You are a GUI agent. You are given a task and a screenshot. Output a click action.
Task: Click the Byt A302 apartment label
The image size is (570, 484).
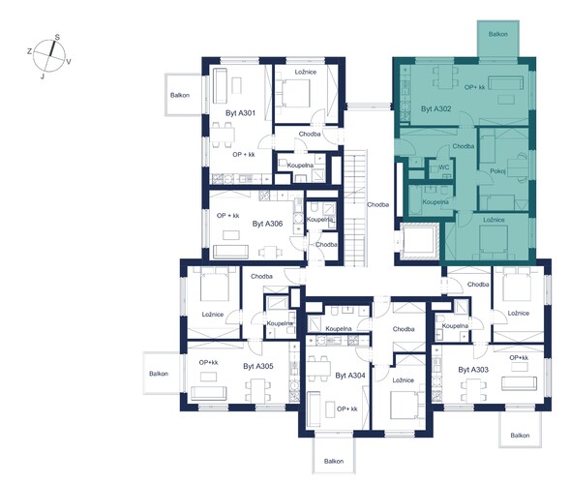click(x=435, y=108)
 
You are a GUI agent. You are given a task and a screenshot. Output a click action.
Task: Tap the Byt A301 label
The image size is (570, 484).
click(x=240, y=113)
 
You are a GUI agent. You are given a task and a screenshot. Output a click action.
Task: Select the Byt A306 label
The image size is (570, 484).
click(x=267, y=224)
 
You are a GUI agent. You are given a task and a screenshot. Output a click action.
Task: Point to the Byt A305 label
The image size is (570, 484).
click(x=258, y=366)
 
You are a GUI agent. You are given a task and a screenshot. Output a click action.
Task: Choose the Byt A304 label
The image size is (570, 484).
click(x=350, y=376)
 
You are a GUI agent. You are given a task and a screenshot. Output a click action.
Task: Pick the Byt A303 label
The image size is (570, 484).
click(x=473, y=370)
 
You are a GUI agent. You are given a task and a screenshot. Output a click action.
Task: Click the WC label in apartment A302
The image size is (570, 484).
click(x=444, y=167)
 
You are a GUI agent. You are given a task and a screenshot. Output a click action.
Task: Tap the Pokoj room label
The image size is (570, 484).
click(x=497, y=171)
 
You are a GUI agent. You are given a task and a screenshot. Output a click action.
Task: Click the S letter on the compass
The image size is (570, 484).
click(x=57, y=37)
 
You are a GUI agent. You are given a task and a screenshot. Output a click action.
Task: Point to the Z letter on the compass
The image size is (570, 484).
click(x=29, y=51)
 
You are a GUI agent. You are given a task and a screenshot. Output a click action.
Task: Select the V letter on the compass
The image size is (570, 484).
click(x=69, y=62)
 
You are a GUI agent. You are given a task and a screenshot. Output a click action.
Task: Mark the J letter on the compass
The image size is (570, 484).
click(x=43, y=76)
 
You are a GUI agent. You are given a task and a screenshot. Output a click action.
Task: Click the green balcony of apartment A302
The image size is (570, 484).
click(x=498, y=39)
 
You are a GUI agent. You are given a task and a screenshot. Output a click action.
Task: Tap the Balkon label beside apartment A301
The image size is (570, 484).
click(x=180, y=95)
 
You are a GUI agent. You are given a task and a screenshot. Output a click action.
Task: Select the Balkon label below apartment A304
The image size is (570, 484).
click(x=334, y=461)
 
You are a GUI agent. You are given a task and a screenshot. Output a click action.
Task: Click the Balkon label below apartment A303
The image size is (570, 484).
click(x=520, y=436)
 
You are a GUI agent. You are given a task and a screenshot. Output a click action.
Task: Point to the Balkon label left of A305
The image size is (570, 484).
click(x=159, y=374)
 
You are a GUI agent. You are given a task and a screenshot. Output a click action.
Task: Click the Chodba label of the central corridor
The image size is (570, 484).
click(x=378, y=204)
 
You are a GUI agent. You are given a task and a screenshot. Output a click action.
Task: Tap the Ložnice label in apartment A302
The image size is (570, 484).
click(x=494, y=220)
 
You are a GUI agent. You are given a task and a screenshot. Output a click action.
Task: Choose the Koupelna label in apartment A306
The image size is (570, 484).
click(x=320, y=220)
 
